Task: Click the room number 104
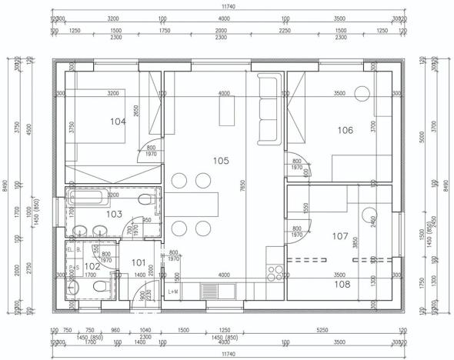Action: (x=118, y=122)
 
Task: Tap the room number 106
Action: (x=345, y=130)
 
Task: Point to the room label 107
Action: (x=340, y=237)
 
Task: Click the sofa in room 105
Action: (x=270, y=108)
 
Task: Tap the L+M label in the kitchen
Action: (x=175, y=292)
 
